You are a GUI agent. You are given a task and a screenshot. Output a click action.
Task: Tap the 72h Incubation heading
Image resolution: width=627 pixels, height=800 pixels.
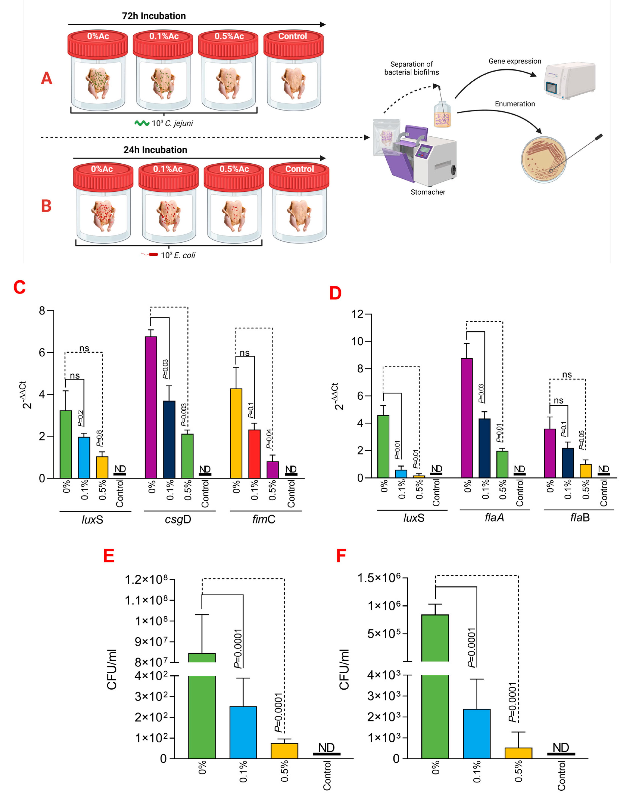coord(154,16)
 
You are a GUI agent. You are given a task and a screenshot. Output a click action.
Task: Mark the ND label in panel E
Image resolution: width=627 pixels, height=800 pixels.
coord(326,748)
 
